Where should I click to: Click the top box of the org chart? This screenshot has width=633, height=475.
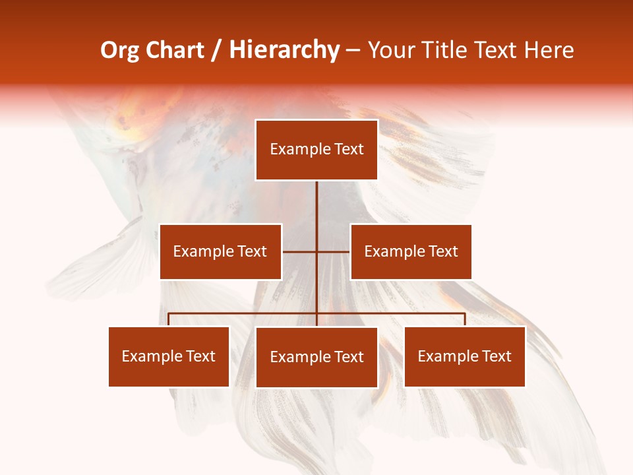click(x=316, y=150)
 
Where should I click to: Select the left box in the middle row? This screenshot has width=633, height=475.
click(x=220, y=251)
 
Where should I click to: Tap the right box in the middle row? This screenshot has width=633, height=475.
click(x=411, y=251)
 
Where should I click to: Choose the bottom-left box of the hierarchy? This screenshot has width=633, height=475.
click(x=169, y=356)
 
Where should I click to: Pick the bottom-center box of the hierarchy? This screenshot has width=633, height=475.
click(x=316, y=357)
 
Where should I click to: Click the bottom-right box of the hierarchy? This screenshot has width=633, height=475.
click(x=464, y=356)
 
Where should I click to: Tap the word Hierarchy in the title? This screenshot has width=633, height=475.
click(x=284, y=50)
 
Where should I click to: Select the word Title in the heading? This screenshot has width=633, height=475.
click(x=448, y=50)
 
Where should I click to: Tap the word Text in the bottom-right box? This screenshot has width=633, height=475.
click(x=497, y=356)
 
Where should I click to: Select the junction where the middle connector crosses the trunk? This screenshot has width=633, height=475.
click(x=316, y=251)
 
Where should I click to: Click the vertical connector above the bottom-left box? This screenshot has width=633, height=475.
click(x=169, y=319)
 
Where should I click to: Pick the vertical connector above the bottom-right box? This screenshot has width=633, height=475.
click(x=464, y=319)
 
